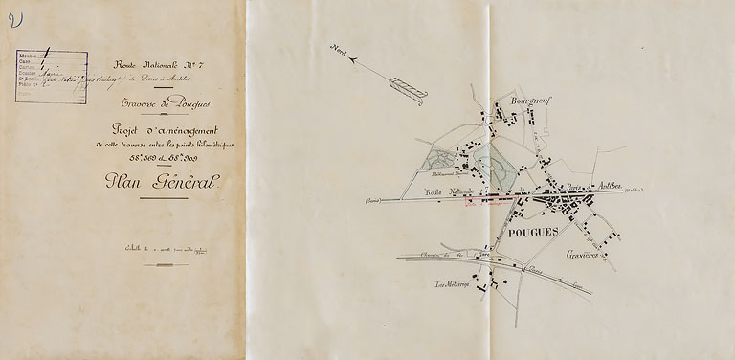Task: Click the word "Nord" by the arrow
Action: [x=338, y=50]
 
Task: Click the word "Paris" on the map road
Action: [x=549, y=185]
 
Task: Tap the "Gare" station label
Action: [x=484, y=256]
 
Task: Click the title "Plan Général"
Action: [x=163, y=182]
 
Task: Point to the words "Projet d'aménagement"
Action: [x=163, y=130]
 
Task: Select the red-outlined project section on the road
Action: [x=489, y=201]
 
